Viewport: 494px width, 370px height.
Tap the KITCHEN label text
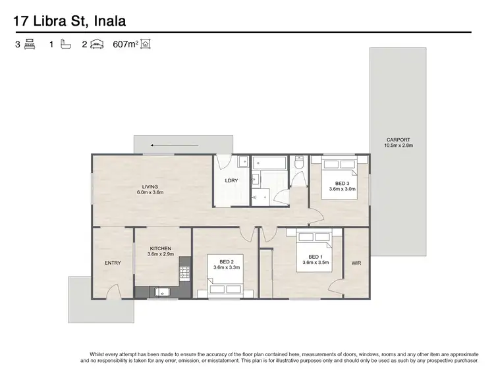[159, 248]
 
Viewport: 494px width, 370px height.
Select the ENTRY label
[113, 263]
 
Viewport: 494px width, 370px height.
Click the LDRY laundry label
[231, 180]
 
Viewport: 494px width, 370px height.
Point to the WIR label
[356, 263]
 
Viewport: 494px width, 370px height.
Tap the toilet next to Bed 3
[300, 169]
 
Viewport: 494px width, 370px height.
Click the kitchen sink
[162, 292]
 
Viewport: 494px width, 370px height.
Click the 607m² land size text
[126, 45]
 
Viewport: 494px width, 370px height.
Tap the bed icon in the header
[30, 45]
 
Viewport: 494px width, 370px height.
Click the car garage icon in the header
[96, 45]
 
